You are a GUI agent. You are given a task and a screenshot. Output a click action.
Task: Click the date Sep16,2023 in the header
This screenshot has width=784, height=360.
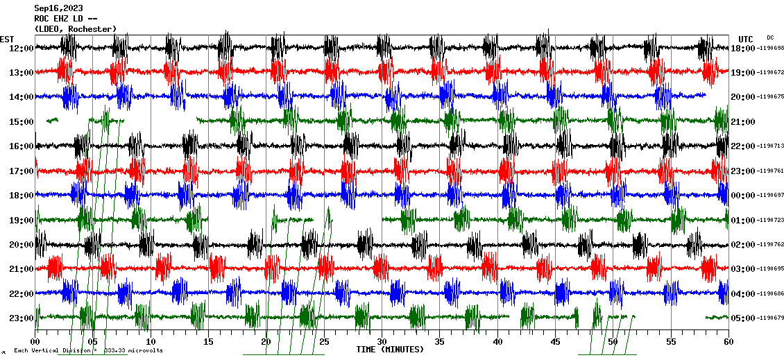tap(58, 8)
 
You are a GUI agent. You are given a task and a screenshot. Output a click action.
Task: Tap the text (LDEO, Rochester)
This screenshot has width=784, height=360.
tap(75, 29)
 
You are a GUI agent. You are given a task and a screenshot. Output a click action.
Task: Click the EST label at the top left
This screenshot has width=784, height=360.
tap(7, 39)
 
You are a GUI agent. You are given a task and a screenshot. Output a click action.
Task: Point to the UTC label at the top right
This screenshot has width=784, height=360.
tap(746, 39)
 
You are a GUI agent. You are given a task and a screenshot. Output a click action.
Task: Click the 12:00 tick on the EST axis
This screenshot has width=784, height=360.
tap(21, 49)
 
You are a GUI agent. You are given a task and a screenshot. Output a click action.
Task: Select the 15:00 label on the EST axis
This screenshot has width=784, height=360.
tap(21, 122)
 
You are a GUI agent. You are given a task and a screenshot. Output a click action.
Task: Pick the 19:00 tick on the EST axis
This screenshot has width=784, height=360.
tap(21, 221)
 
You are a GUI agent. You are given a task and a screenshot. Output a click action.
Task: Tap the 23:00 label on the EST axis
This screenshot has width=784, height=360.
tap(21, 318)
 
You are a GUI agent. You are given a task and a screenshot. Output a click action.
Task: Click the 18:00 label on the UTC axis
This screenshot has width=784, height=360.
tap(743, 49)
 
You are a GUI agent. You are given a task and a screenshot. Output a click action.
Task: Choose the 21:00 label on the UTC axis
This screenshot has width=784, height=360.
tap(743, 122)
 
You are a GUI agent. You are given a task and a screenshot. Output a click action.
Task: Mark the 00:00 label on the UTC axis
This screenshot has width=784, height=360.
tap(743, 196)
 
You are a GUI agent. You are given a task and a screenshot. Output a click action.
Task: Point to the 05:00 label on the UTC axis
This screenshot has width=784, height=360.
tap(743, 318)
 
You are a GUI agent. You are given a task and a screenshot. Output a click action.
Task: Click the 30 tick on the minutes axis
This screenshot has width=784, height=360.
tap(382, 342)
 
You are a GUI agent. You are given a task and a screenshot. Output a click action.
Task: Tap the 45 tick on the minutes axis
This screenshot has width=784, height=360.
tap(555, 342)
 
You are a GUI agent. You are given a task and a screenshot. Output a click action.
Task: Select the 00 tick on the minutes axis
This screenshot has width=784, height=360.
tap(35, 342)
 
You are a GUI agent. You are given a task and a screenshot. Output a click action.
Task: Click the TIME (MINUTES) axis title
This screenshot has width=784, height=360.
tap(390, 350)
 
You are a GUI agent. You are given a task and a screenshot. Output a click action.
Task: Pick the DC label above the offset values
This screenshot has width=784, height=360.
tap(770, 37)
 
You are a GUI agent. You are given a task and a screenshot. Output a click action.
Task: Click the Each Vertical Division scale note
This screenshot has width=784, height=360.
tap(89, 351)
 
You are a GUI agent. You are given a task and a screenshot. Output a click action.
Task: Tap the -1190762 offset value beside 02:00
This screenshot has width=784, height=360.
tap(771, 245)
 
